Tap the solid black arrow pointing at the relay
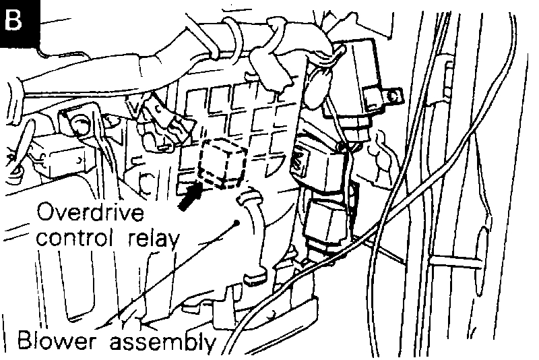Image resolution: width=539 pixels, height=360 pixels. click(x=191, y=196)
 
